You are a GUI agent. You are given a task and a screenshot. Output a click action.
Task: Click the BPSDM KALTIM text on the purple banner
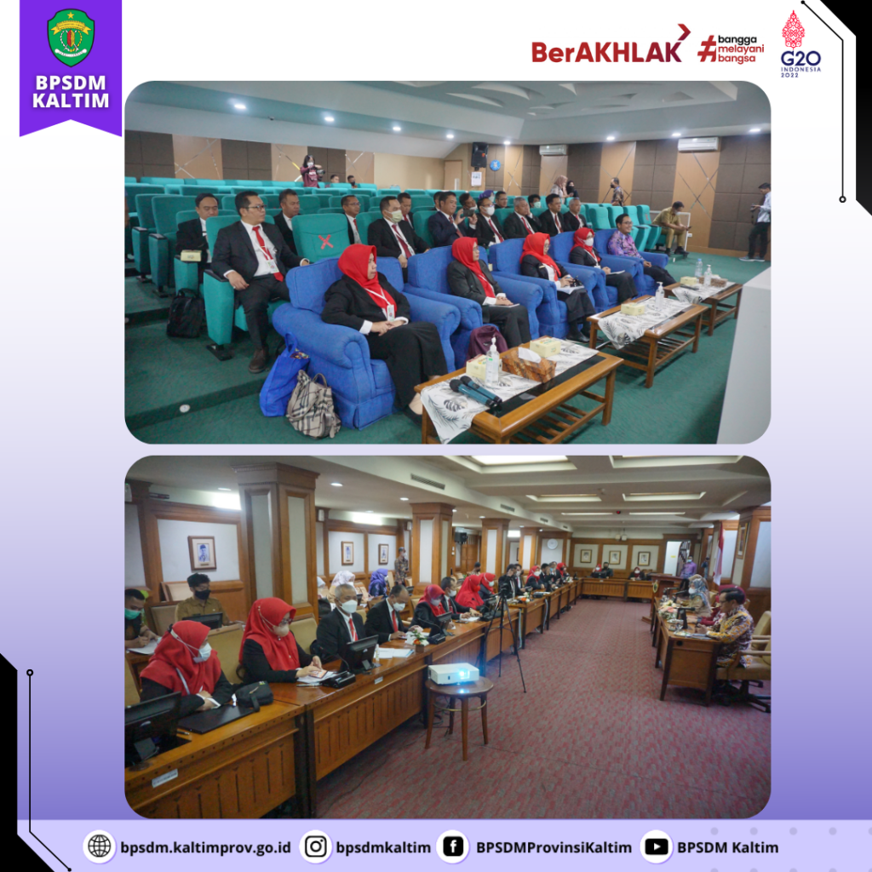pyautogui.click(x=71, y=91)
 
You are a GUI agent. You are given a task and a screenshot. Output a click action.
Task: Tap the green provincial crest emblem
pyautogui.click(x=71, y=37)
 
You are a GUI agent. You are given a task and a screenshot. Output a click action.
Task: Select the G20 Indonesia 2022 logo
pyautogui.click(x=800, y=44)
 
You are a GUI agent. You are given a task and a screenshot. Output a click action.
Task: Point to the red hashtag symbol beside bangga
pyautogui.click(x=708, y=49)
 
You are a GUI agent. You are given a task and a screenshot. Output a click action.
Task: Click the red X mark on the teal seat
pyautogui.click(x=326, y=241)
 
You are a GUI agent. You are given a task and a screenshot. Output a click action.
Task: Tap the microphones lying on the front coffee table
pyautogui.click(x=475, y=391)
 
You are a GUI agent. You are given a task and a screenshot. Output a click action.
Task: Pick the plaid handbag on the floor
pyautogui.click(x=313, y=404)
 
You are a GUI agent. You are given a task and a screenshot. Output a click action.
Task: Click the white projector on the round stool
pyautogui.click(x=453, y=674)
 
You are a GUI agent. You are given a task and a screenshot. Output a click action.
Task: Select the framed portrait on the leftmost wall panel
pyautogui.click(x=202, y=553)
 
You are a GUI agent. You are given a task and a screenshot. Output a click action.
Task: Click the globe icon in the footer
pyautogui.click(x=99, y=846)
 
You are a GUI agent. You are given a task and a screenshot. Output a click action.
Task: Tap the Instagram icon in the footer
pyautogui.click(x=315, y=846)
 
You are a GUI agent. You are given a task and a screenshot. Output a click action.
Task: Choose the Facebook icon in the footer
pyautogui.click(x=453, y=846)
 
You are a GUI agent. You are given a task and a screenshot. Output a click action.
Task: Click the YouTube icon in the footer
pyautogui.click(x=657, y=846)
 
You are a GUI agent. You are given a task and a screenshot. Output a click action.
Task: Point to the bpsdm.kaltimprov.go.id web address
pyautogui.click(x=206, y=847)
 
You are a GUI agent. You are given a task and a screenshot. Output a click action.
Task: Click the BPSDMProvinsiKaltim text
pyautogui.click(x=554, y=847)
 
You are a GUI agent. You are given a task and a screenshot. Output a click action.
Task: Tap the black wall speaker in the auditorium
pyautogui.click(x=479, y=155)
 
